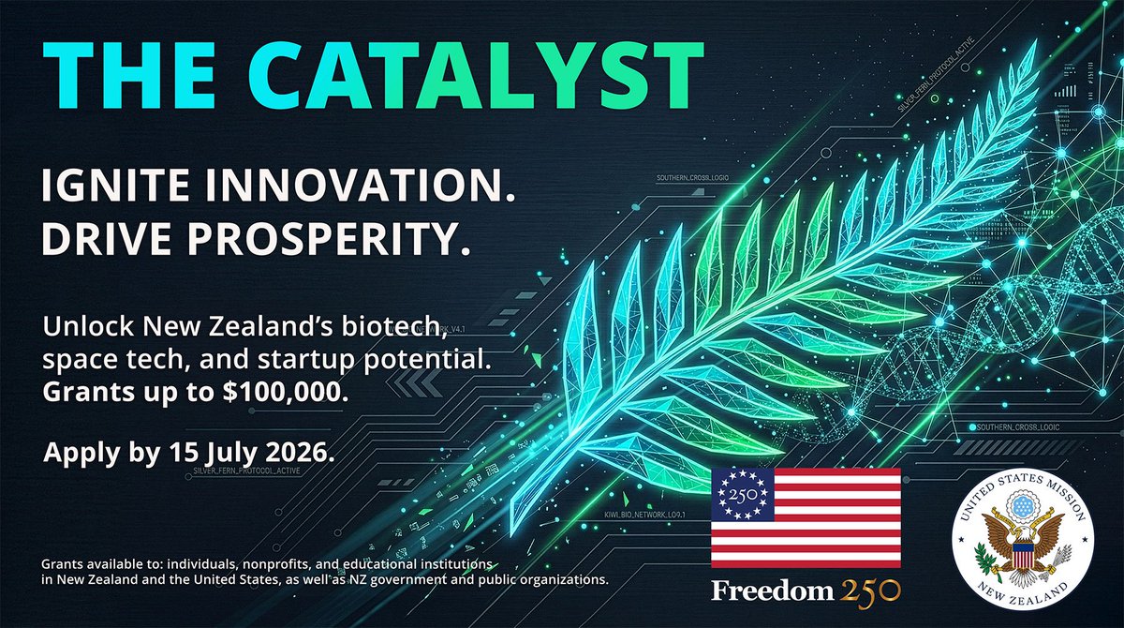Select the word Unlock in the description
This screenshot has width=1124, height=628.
[76, 329]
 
